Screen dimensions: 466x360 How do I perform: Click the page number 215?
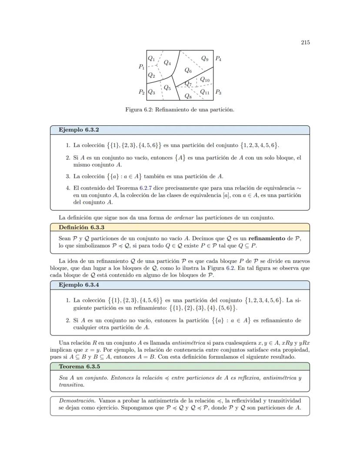(x=305, y=42)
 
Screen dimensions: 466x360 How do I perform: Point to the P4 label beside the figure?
(x=218, y=58)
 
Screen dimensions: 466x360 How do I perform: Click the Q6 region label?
(x=188, y=70)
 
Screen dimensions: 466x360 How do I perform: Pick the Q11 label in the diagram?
(x=205, y=92)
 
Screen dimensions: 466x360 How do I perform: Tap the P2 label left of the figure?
(x=142, y=92)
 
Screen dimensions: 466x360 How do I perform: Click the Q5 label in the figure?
(x=167, y=88)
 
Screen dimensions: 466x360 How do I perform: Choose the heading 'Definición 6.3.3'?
(x=81, y=227)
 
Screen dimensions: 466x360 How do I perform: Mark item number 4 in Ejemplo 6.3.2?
(x=68, y=188)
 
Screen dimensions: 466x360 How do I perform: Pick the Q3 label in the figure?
(x=151, y=92)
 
